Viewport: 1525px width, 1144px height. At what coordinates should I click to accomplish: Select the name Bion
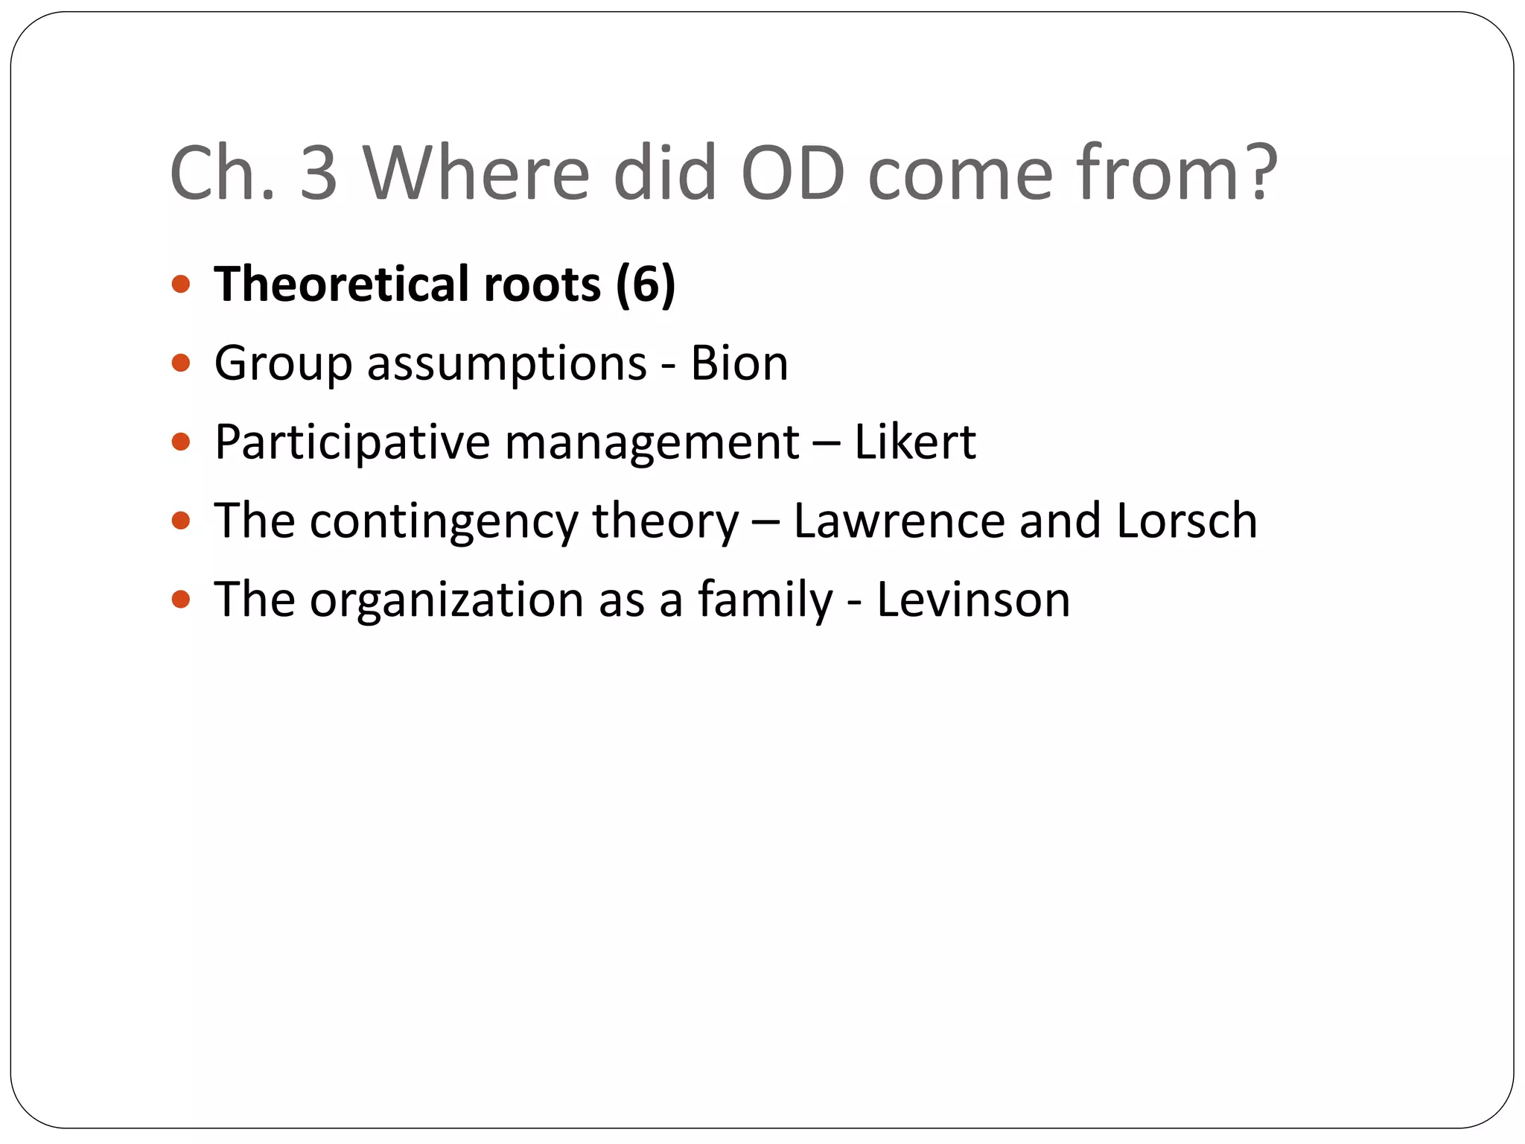point(739,363)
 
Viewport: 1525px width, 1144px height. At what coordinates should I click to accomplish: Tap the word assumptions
point(506,363)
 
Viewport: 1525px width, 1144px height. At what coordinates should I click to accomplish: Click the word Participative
point(352,442)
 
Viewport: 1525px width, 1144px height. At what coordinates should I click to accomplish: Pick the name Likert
point(914,442)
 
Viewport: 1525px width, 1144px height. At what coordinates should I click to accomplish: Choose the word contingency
point(444,521)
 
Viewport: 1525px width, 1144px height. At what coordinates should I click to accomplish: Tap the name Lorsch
point(1187,521)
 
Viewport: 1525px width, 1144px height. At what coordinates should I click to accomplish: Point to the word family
point(765,600)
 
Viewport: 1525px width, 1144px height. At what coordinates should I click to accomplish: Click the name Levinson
point(973,600)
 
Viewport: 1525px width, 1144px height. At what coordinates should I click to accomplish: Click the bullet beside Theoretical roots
point(181,285)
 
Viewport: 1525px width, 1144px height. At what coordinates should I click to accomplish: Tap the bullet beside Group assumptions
point(181,363)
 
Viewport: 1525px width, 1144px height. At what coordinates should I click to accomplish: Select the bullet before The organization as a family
point(181,600)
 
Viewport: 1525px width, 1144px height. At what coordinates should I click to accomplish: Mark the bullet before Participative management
point(181,442)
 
